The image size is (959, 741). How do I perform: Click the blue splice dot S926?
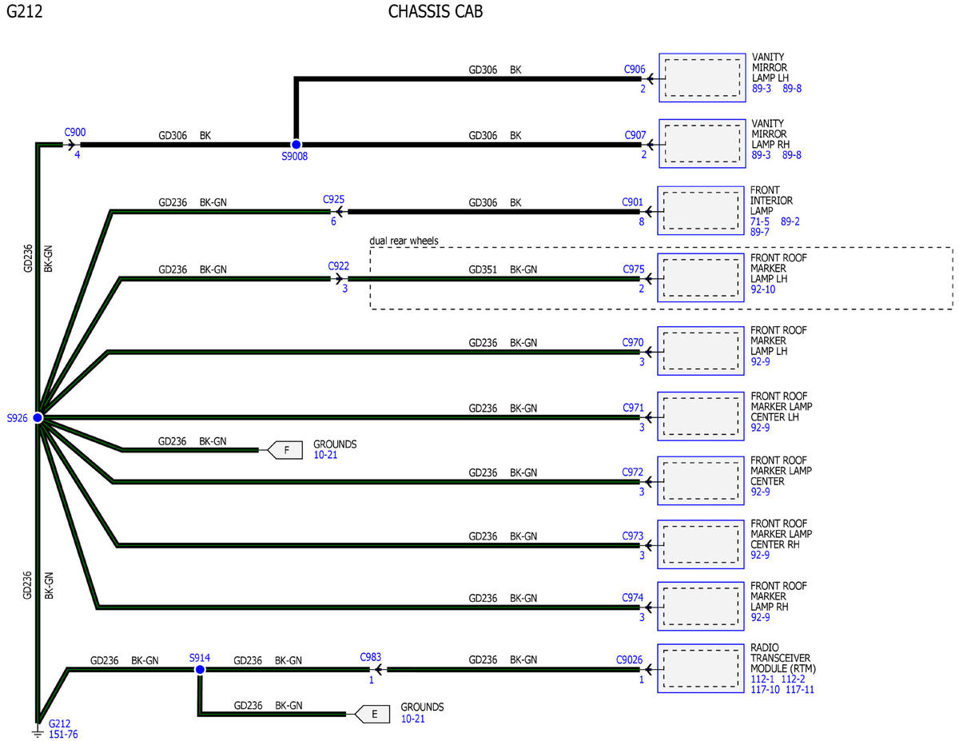(x=38, y=417)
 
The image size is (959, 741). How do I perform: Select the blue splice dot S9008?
(x=296, y=145)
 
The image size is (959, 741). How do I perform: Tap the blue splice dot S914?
(x=200, y=670)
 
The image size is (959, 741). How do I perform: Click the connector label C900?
(x=75, y=132)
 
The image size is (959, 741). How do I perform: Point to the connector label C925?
(x=333, y=199)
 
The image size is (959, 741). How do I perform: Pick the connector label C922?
(x=339, y=265)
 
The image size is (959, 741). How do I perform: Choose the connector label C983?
(x=370, y=657)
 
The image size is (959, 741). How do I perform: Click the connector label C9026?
(x=629, y=659)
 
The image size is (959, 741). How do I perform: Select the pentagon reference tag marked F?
(x=285, y=450)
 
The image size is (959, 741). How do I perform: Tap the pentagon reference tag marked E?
(x=372, y=714)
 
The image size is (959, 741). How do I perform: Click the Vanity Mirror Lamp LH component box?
(x=702, y=78)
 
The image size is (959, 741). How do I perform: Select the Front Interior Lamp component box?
(x=701, y=210)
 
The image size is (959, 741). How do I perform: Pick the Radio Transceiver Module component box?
(x=701, y=668)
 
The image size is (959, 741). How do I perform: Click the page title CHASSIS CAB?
(x=436, y=11)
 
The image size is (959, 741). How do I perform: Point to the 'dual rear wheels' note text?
(x=404, y=241)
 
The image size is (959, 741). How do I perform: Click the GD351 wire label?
(x=483, y=269)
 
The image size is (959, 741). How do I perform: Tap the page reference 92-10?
(x=763, y=289)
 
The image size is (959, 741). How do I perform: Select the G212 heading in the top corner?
(x=25, y=11)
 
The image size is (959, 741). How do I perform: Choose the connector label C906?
(x=635, y=70)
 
